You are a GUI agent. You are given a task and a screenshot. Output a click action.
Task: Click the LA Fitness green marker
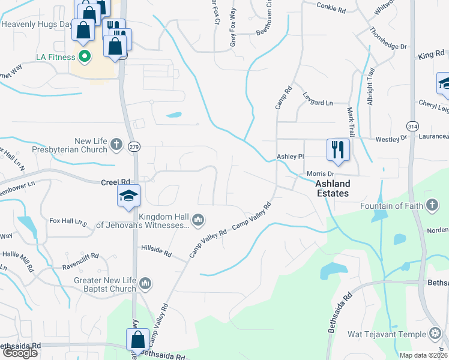coord(85,58)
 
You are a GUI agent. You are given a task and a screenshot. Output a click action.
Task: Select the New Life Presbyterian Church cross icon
coord(116,145)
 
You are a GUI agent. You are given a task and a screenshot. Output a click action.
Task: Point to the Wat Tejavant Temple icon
coord(436,334)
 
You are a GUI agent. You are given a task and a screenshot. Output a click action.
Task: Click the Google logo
coord(20,353)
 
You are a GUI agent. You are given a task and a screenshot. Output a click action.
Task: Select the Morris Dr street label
coord(320,173)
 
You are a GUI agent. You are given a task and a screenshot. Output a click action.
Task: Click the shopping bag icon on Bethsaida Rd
coord(138,339)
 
